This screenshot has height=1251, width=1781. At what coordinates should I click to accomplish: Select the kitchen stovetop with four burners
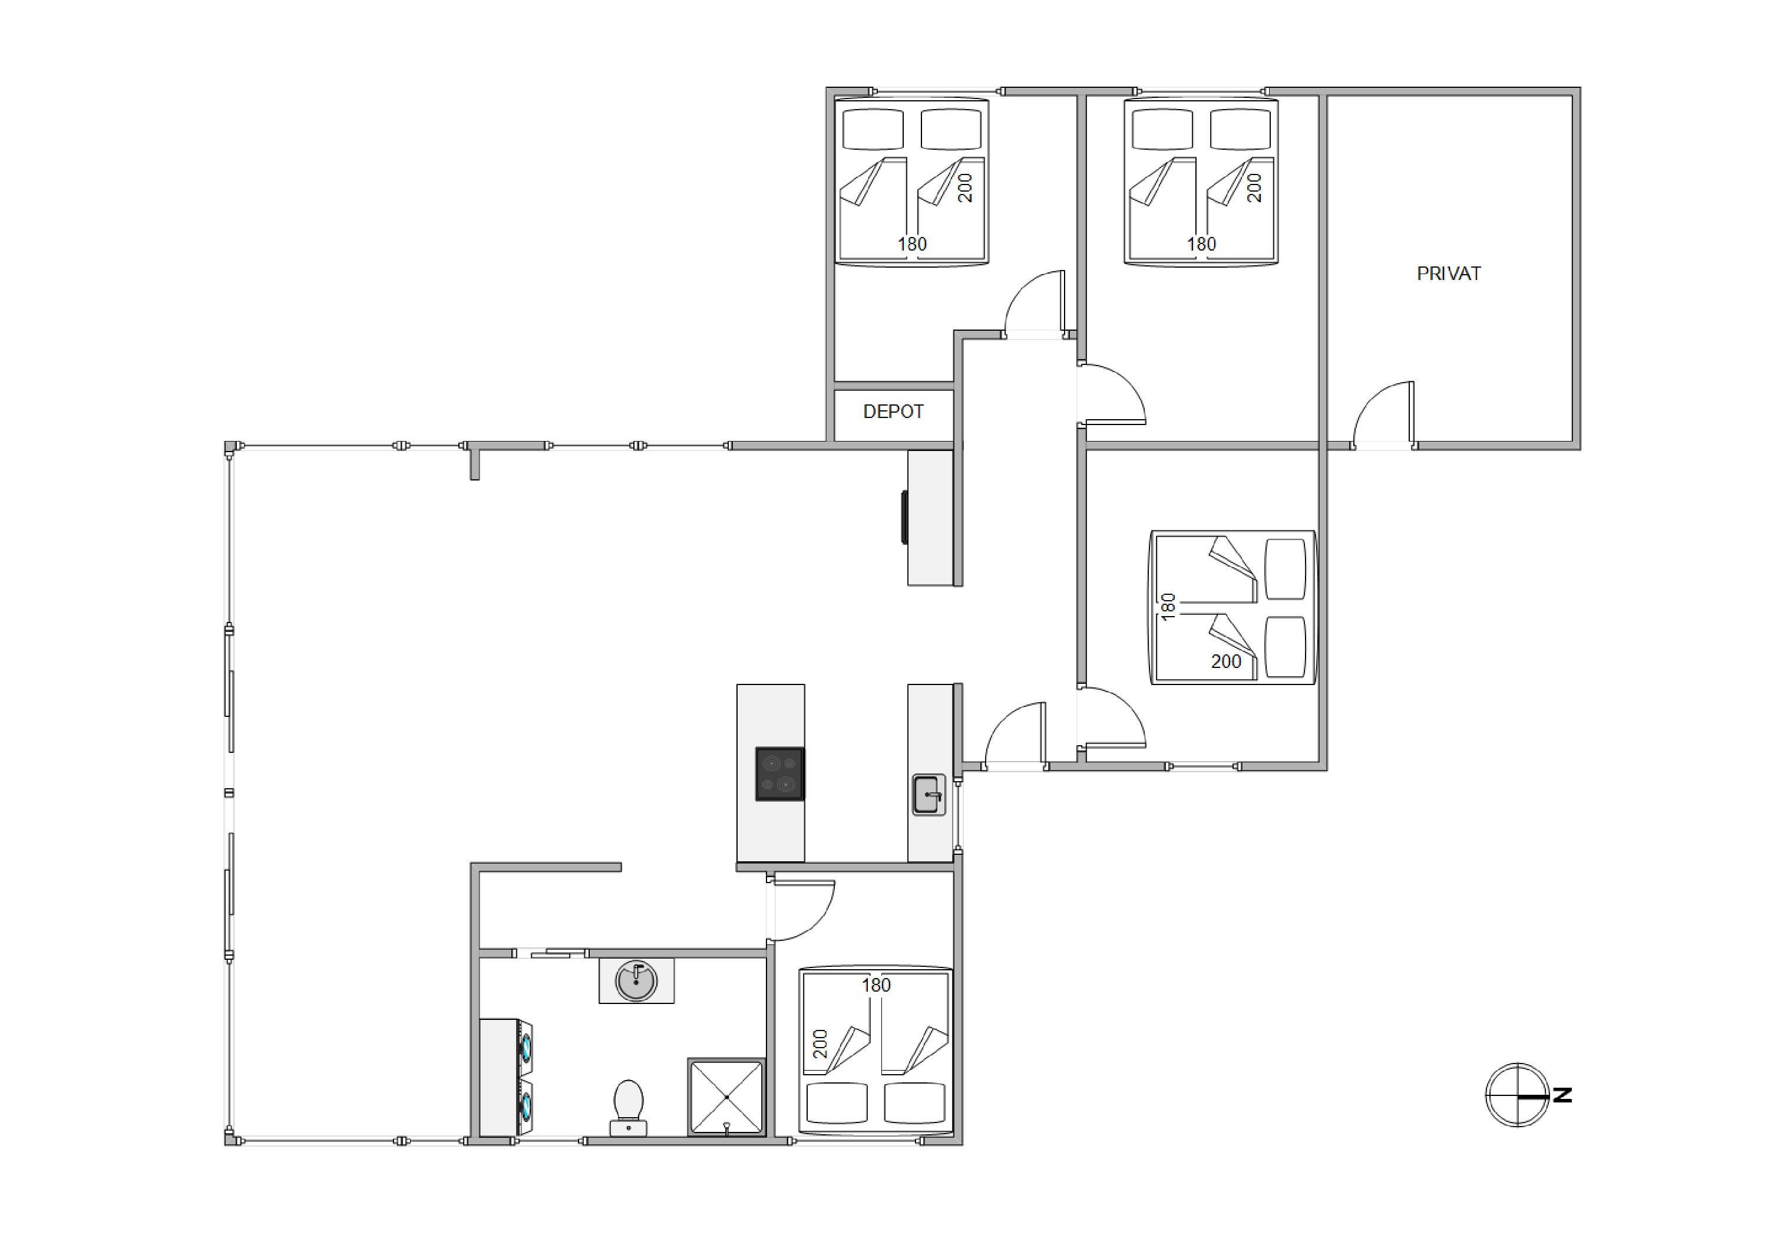click(x=779, y=773)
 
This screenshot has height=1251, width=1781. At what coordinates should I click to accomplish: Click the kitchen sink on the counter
click(x=929, y=794)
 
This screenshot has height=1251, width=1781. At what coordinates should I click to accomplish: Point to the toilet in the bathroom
click(x=628, y=1107)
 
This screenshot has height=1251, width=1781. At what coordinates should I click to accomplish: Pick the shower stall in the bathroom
click(x=726, y=1097)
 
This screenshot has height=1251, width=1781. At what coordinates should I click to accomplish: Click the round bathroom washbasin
click(x=636, y=981)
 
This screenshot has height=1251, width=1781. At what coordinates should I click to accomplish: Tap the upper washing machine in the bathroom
click(x=525, y=1048)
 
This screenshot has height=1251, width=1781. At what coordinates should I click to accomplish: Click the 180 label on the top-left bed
click(x=912, y=243)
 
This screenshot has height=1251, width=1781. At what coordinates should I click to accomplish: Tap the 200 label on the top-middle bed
click(x=1254, y=188)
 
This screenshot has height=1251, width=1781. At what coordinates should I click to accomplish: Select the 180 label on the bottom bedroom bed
click(x=875, y=985)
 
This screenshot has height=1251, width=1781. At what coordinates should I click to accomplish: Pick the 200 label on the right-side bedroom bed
click(x=1227, y=661)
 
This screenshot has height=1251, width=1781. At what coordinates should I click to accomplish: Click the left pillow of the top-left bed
click(x=873, y=129)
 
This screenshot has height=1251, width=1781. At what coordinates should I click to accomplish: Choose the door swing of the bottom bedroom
click(x=802, y=910)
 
